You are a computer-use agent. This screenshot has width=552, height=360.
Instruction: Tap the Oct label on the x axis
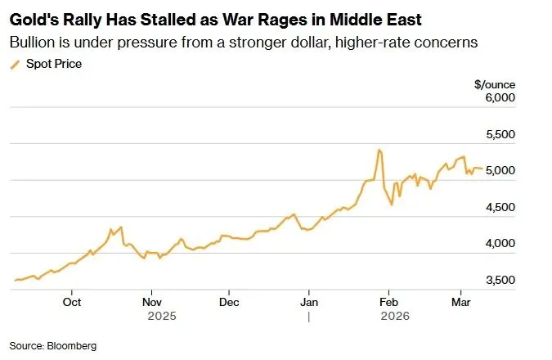coord(72,300)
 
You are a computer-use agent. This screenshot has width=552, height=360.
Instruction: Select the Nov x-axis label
coord(151,300)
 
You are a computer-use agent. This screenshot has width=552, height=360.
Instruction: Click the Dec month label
coord(229,300)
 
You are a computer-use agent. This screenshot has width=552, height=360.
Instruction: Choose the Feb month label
coord(388,300)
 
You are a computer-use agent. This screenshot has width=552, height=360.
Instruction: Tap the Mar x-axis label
coord(460,300)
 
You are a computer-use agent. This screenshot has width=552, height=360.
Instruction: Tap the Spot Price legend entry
coord(53,63)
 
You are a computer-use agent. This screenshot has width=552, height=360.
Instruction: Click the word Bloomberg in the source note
coord(72,346)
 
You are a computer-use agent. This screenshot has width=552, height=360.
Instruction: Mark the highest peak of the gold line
coord(379,150)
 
